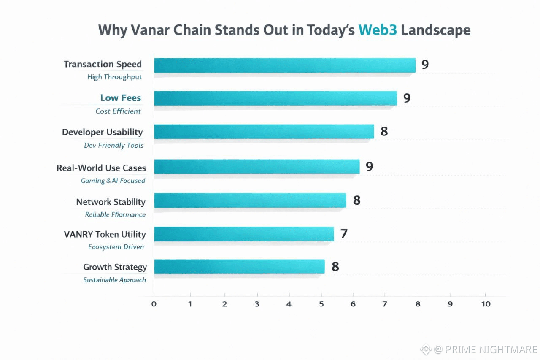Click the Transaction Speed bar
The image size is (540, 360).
285,65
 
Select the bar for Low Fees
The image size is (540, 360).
275,98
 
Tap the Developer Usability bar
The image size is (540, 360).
264,132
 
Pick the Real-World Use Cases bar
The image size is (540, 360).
256,167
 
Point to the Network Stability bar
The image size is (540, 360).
250,200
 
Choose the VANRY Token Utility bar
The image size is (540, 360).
244,234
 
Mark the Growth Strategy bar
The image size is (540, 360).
239,267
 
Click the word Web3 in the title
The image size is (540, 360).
378,30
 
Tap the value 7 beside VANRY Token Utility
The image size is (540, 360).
344,233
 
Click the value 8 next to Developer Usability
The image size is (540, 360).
384,132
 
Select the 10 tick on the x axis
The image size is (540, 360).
486,304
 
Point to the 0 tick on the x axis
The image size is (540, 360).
154,304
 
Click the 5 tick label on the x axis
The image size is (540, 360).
321,304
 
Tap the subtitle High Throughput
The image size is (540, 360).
114,77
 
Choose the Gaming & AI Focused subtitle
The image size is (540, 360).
113,181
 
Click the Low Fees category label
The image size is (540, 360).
121,98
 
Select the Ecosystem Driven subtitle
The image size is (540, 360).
116,247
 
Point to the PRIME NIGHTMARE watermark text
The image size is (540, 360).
485,349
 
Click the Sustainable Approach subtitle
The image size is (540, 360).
114,280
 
